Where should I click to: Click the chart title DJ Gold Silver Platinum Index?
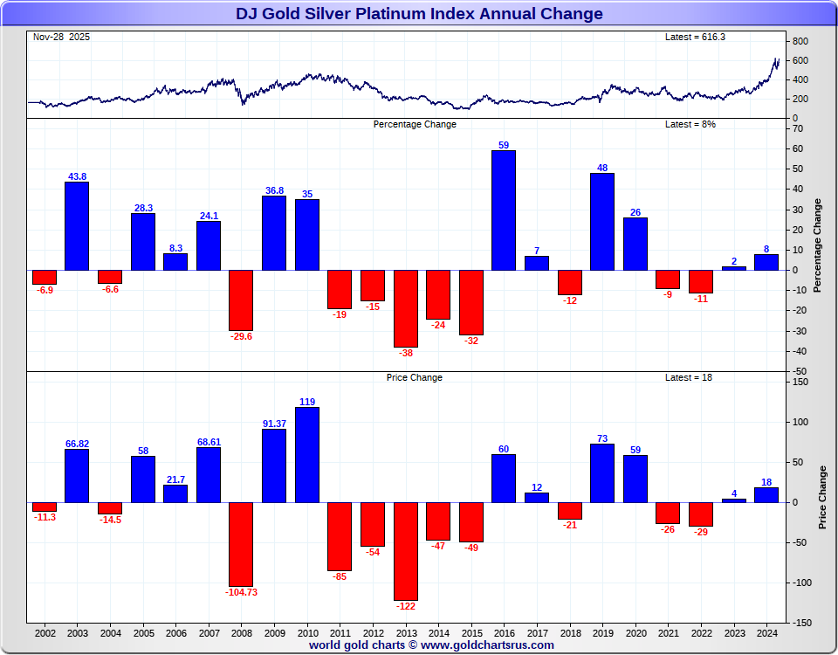click(419, 14)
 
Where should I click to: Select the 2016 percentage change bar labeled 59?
click(504, 210)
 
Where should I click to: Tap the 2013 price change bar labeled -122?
click(406, 551)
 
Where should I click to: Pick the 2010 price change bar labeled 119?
click(307, 455)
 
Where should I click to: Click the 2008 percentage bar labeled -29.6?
click(241, 300)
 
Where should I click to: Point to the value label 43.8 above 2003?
click(78, 176)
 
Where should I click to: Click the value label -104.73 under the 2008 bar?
click(241, 592)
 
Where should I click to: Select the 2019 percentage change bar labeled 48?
click(602, 222)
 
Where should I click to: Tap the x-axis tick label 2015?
click(471, 632)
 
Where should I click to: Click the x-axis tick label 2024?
click(766, 632)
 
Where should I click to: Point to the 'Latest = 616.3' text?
click(695, 37)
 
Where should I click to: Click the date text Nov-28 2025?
click(61, 37)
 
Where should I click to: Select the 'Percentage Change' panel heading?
click(415, 124)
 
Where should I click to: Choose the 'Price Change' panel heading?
click(415, 377)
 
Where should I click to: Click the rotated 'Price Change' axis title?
click(822, 497)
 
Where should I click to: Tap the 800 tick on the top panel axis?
click(800, 41)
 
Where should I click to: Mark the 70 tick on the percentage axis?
click(798, 128)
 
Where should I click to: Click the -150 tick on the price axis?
click(801, 623)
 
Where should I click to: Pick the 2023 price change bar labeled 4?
click(734, 500)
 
